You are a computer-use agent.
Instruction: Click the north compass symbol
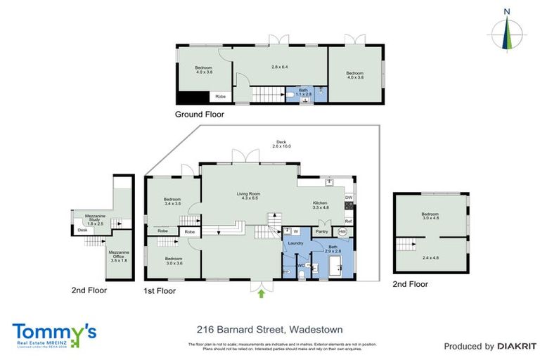(507, 32)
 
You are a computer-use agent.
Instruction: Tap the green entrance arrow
(262, 294)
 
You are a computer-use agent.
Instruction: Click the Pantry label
(322, 231)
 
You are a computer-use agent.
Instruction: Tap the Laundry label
(296, 243)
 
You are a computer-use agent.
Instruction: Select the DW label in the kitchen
(348, 198)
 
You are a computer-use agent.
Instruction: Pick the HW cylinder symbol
(342, 231)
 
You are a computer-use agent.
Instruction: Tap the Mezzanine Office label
(116, 258)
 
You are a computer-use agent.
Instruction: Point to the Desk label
(82, 230)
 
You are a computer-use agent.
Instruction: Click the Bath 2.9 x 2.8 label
(333, 249)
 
